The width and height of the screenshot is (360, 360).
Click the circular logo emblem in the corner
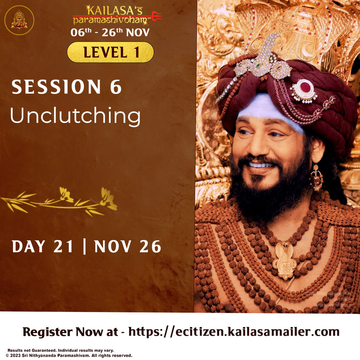point(19,20)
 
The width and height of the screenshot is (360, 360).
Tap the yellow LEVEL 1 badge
point(110,52)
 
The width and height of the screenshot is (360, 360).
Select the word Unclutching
point(75,116)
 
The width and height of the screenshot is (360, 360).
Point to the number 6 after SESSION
point(116,87)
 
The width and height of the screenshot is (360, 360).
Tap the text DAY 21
point(43,247)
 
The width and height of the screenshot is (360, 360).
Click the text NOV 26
point(128,247)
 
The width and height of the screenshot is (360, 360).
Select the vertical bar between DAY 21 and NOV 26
point(84,247)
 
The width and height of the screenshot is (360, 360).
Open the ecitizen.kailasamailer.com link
point(234,332)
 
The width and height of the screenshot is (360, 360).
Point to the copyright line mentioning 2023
point(69,355)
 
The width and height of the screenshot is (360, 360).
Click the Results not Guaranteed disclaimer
point(60,350)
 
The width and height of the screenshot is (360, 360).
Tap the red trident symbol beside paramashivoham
point(156,16)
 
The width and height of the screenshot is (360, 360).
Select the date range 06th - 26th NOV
point(110,32)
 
